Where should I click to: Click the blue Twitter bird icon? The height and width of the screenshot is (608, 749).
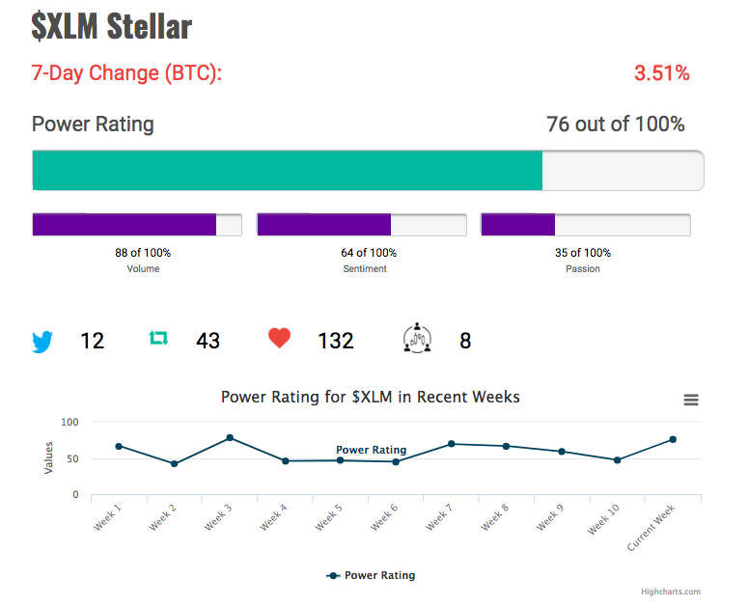[42, 342]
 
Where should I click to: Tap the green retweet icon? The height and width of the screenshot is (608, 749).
[158, 338]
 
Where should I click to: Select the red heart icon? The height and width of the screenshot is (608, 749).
[280, 338]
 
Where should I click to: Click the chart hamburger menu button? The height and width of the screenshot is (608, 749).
[691, 400]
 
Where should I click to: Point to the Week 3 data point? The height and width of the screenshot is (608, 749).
[230, 437]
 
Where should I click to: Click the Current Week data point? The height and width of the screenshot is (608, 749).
[673, 439]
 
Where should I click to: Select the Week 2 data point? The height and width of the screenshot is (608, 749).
[175, 464]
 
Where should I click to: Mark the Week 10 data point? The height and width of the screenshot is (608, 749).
[617, 460]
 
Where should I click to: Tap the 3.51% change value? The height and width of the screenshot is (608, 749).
[661, 73]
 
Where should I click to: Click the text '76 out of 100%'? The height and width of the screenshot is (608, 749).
[615, 124]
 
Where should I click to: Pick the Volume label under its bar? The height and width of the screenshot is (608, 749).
[143, 269]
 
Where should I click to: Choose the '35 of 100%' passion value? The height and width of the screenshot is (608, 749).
[583, 253]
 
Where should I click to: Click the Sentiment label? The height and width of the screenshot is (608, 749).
[365, 269]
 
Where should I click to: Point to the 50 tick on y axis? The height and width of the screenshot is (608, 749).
[72, 458]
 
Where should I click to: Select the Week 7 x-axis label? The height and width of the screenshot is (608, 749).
[439, 516]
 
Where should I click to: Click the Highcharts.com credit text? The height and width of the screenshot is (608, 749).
[671, 592]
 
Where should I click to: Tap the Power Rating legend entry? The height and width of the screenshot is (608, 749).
[371, 575]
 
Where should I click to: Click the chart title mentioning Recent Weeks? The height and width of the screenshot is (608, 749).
[371, 397]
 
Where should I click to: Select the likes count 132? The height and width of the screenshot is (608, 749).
[336, 341]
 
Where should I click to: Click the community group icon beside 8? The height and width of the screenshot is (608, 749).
[417, 338]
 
